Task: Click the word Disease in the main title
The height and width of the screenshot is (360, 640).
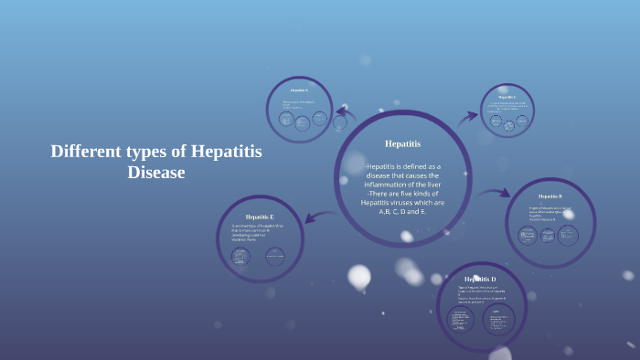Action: pyautogui.click(x=156, y=172)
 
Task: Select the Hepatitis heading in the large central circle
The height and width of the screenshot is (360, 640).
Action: pyautogui.click(x=402, y=143)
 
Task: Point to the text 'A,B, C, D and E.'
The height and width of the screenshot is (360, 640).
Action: pyautogui.click(x=402, y=211)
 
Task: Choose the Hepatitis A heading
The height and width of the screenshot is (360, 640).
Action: pyautogui.click(x=299, y=91)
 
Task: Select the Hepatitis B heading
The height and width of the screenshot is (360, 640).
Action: pyautogui.click(x=549, y=196)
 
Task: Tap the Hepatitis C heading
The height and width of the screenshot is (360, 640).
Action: pyautogui.click(x=507, y=97)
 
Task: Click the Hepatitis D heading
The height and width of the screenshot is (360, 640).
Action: pyautogui.click(x=480, y=279)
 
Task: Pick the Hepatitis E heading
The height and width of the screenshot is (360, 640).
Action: pyautogui.click(x=259, y=216)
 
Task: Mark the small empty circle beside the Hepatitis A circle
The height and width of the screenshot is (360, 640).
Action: pyautogui.click(x=340, y=122)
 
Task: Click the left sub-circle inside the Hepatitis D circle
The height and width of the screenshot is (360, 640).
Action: pyautogui.click(x=460, y=320)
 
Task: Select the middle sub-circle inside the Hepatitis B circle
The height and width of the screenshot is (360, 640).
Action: pyautogui.click(x=549, y=236)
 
